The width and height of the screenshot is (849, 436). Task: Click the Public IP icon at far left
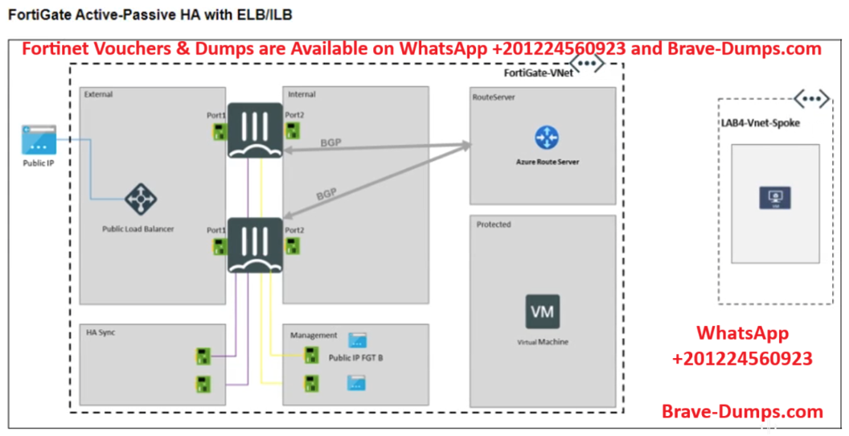coord(39,140)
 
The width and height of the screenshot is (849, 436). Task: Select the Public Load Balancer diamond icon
coord(141,199)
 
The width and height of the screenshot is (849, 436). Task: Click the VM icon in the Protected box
coord(543,311)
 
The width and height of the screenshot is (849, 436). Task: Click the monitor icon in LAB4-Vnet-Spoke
coord(775,197)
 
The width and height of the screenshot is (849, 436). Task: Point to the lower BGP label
coord(325,194)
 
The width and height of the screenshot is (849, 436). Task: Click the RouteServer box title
coord(494,97)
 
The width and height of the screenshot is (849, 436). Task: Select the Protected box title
coord(494,224)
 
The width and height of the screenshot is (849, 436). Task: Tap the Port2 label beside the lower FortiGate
coord(294,230)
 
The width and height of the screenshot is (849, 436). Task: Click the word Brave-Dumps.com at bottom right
coord(742,411)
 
